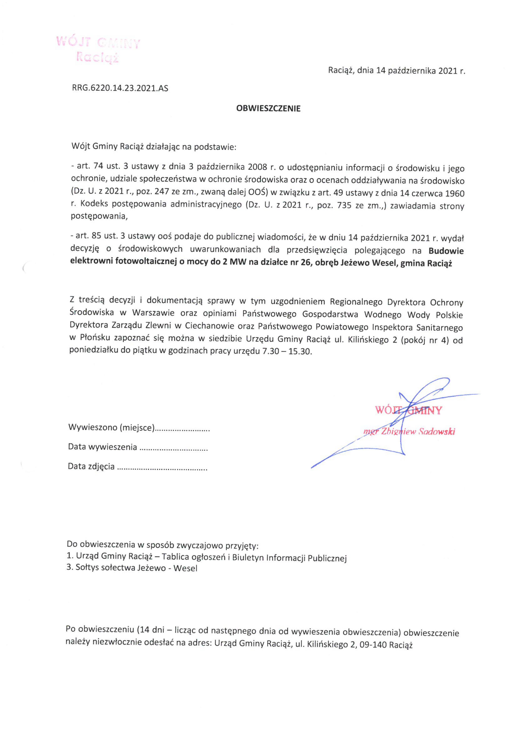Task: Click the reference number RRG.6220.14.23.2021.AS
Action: pyautogui.click(x=120, y=88)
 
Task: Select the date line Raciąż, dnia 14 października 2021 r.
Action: pyautogui.click(x=396, y=71)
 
